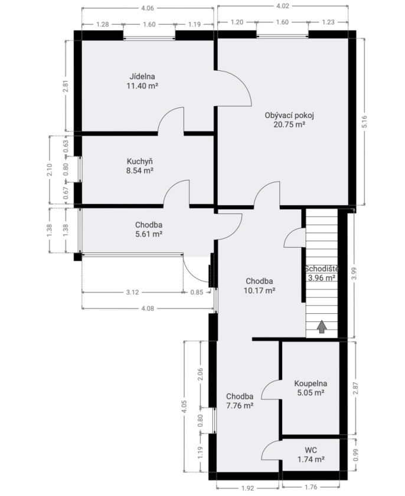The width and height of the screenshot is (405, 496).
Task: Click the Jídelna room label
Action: (142, 77)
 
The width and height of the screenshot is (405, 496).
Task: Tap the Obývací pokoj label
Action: (289, 116)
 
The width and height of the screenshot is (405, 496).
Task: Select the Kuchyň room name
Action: (140, 162)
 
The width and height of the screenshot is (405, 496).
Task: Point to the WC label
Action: (311, 450)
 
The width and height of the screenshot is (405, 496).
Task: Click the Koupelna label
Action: (311, 383)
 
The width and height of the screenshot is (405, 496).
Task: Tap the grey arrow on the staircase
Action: (322, 327)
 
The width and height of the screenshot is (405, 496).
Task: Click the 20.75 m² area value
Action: (289, 124)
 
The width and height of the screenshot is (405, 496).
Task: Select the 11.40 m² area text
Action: (142, 86)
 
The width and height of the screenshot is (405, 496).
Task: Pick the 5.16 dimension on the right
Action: (364, 121)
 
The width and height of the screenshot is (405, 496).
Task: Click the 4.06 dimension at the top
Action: (148, 8)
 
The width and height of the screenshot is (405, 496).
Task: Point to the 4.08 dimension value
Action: (148, 308)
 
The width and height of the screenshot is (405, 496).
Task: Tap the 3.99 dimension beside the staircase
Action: (354, 274)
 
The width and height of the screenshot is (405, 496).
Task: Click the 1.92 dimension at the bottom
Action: (247, 488)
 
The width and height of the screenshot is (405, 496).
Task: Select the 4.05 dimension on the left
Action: (184, 407)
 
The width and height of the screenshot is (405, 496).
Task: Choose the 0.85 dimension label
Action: (197, 293)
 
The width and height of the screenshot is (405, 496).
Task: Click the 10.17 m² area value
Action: (259, 290)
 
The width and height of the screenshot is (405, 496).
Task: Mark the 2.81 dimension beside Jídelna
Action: (66, 86)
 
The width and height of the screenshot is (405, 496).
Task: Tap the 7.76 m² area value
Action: (240, 406)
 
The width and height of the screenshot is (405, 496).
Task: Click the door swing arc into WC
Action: (266, 446)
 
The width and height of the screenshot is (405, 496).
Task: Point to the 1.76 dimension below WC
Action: (311, 487)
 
